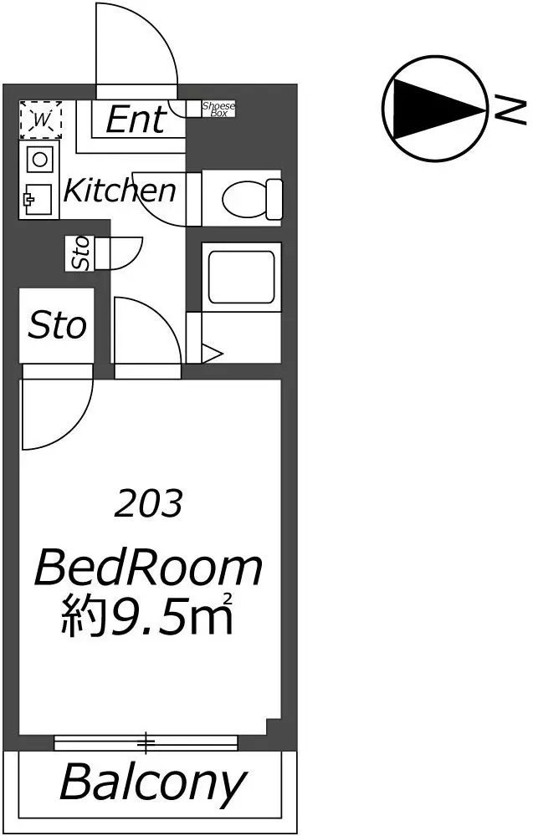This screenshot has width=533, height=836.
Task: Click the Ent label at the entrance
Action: [x=136, y=120]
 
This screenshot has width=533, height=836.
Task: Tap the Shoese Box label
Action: [x=218, y=110]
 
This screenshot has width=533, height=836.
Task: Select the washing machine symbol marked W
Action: [x=40, y=120]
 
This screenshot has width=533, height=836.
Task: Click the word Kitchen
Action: [x=120, y=191]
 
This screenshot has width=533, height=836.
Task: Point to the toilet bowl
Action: [x=251, y=198]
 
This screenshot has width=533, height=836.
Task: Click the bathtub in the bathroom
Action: [x=242, y=276]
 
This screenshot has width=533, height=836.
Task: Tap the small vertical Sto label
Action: [x=80, y=252]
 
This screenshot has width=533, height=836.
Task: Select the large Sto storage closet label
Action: [x=57, y=325]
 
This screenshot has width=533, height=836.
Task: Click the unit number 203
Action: [x=148, y=504]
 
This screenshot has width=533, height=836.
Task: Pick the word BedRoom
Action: [x=148, y=568]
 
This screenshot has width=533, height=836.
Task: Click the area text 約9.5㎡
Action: [x=146, y=615]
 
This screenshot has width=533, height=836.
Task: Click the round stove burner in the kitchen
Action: [x=39, y=159]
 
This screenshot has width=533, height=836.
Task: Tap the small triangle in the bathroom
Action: [x=212, y=354]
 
